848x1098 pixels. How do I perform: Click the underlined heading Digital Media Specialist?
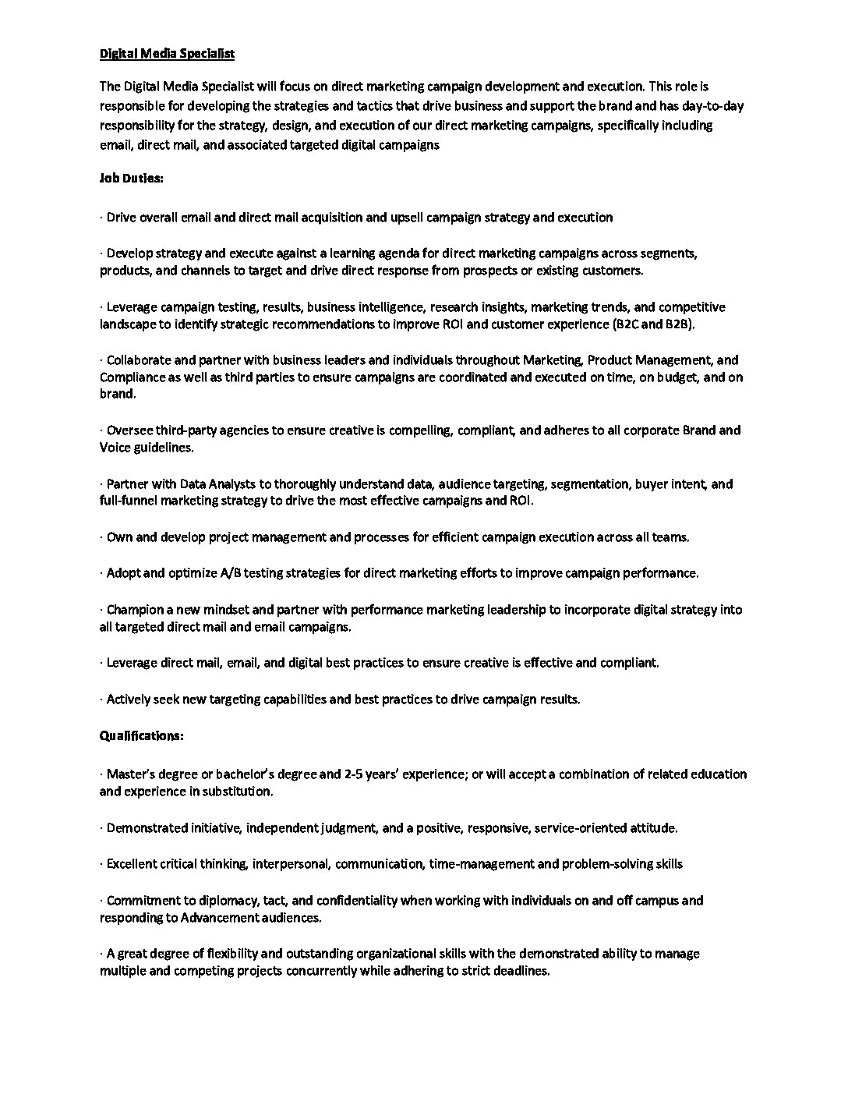pyautogui.click(x=167, y=54)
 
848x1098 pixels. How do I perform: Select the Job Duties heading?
pyautogui.click(x=131, y=178)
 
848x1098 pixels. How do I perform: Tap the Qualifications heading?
pyautogui.click(x=142, y=735)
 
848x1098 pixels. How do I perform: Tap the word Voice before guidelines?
pyautogui.click(x=115, y=448)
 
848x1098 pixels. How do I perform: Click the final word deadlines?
pyautogui.click(x=521, y=972)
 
